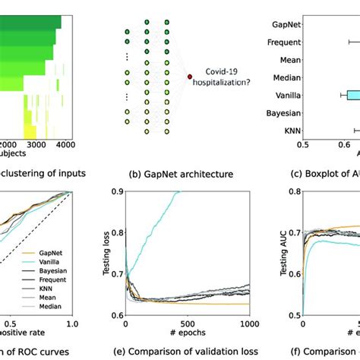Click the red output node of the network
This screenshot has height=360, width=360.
(x=189, y=77)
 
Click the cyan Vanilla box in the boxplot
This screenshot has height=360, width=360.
(x=352, y=95)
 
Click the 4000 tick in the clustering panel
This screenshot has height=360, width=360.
(x=65, y=144)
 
